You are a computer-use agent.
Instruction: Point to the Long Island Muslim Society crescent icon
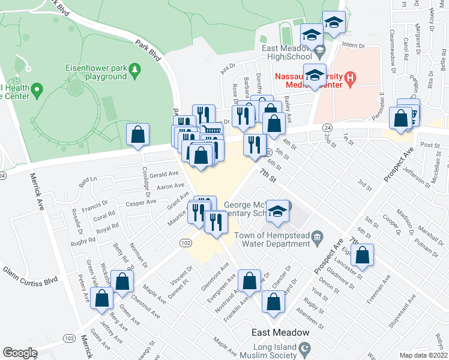point(306,347)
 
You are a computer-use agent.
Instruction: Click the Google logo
point(20,353)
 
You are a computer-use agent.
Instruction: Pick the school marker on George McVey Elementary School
point(277,211)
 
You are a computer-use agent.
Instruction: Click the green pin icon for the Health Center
point(37,91)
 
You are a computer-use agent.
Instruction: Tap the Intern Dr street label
point(353,46)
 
